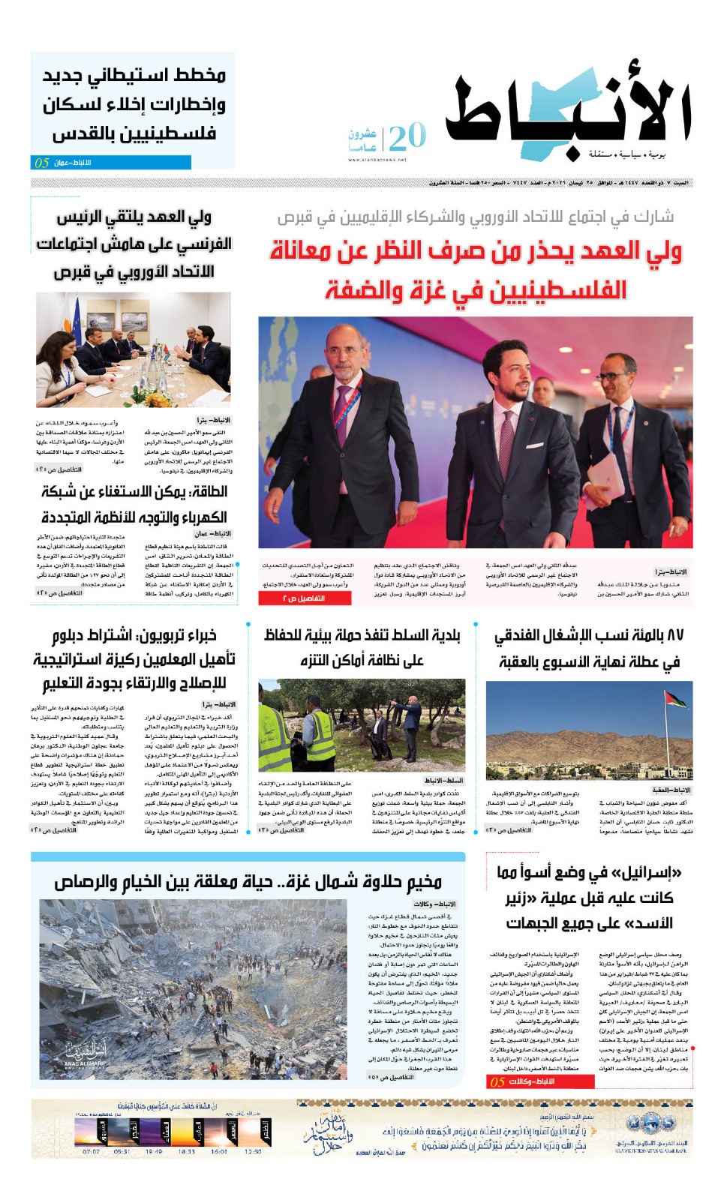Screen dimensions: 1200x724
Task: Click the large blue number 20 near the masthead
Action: [407, 136]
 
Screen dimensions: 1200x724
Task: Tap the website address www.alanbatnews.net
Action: [377, 160]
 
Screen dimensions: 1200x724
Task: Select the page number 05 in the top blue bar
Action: [42, 163]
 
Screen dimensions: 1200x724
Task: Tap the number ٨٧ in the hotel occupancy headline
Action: [674, 635]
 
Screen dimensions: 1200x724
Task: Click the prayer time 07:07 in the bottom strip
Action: [91, 1151]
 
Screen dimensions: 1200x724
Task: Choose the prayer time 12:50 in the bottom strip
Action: [253, 1151]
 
